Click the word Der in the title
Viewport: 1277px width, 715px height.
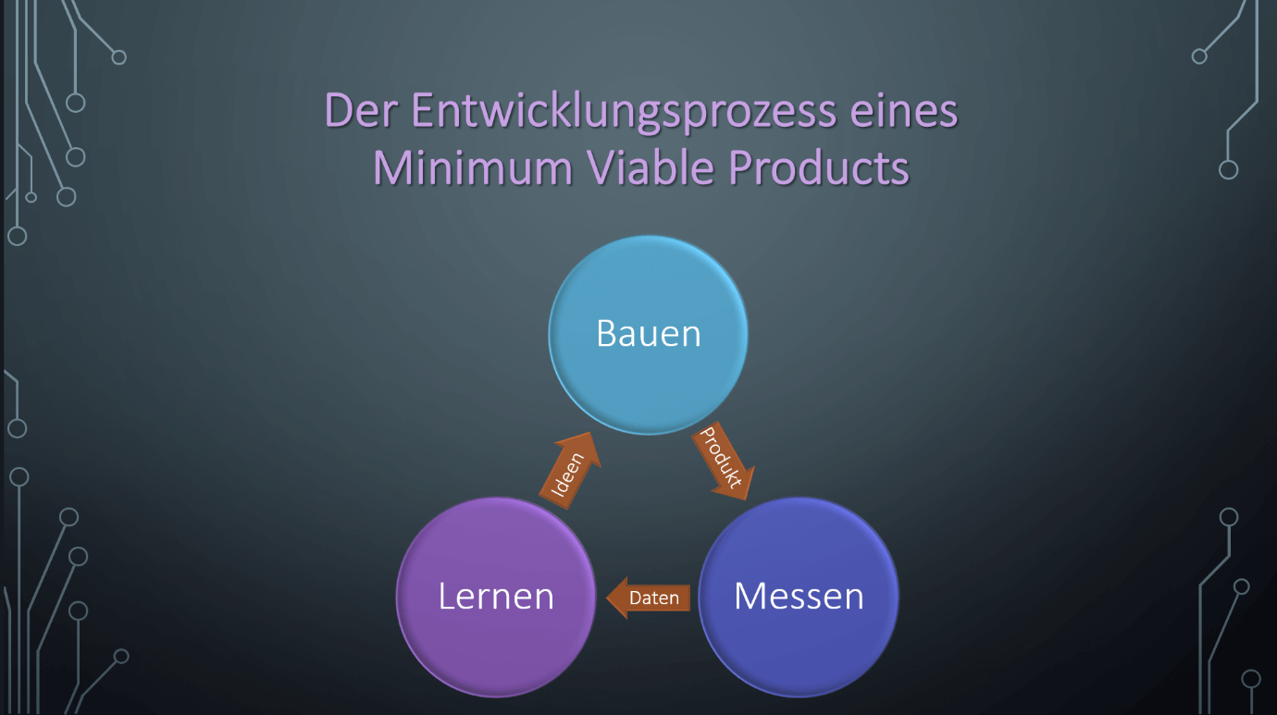click(x=361, y=110)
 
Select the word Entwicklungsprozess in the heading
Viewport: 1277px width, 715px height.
click(x=624, y=112)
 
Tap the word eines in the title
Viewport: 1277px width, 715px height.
click(x=903, y=110)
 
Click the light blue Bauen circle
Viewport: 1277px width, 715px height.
click(x=648, y=335)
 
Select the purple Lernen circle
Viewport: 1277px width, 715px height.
click(x=496, y=598)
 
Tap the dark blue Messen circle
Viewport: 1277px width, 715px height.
click(x=799, y=598)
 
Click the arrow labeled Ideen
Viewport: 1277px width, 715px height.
click(x=571, y=471)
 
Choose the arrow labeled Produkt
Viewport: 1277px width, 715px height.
click(x=722, y=462)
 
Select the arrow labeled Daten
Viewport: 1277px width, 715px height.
click(x=648, y=598)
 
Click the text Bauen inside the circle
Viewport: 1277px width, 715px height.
click(x=648, y=333)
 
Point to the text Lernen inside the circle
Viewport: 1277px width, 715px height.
click(x=496, y=597)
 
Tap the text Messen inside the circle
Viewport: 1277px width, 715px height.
click(x=799, y=597)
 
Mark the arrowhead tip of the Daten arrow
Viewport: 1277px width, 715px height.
click(x=606, y=598)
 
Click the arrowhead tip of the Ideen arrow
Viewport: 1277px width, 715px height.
click(x=590, y=432)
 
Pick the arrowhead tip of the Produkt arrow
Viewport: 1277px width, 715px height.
click(x=747, y=500)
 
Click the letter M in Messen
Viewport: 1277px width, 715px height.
click(x=750, y=597)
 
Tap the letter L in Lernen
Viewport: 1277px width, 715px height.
click(x=447, y=597)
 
